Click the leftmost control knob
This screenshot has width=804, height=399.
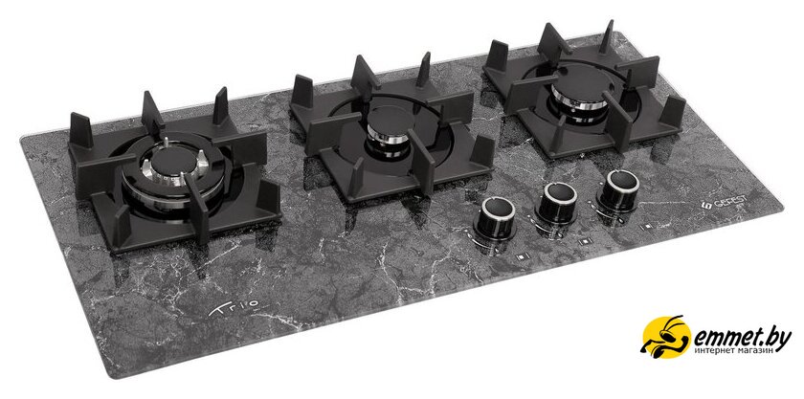pos(497,218)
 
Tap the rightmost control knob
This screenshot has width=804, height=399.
pos(619,190)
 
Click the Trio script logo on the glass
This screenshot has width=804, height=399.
pos(234,309)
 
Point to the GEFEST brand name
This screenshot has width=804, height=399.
pos(727,205)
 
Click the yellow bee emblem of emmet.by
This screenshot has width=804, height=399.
pos(666,337)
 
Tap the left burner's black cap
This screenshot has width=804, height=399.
pos(173,161)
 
